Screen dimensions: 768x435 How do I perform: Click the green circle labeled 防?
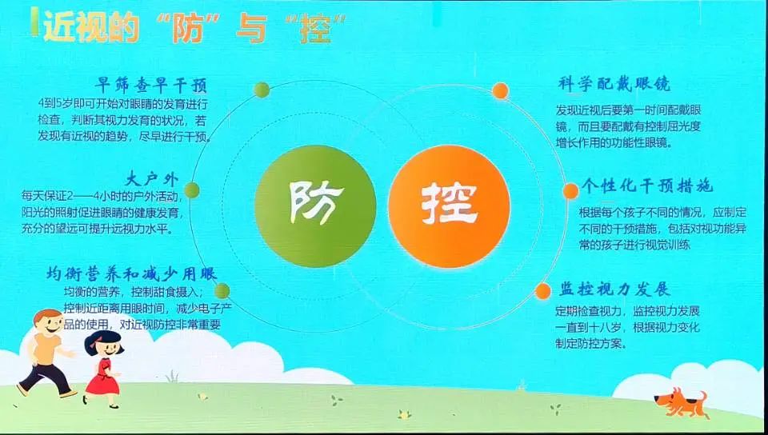[315, 206]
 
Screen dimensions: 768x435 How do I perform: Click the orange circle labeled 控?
[449, 206]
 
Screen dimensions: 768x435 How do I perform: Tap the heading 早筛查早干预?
[151, 86]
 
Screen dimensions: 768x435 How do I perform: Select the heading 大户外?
[152, 179]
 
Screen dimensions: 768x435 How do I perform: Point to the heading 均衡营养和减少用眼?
[132, 273]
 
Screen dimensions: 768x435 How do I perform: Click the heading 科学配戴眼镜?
[614, 84]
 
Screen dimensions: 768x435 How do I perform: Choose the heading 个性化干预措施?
[647, 186]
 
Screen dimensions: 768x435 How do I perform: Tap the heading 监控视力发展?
[614, 289]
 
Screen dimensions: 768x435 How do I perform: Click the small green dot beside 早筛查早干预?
[262, 90]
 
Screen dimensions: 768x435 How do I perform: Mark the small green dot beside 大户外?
[191, 190]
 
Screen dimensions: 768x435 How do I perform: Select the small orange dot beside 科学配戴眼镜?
[500, 90]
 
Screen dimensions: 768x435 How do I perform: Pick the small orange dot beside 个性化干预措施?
[570, 191]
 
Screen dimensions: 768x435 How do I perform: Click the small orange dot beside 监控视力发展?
[542, 291]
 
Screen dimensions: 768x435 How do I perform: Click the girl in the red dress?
[103, 368]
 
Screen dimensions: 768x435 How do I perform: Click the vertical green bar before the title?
[34, 22]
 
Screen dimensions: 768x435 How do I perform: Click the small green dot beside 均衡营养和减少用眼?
[222, 291]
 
